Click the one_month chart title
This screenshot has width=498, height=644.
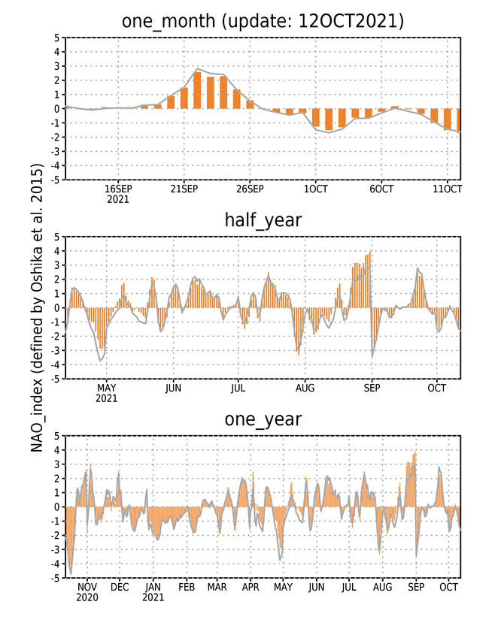(x=263, y=21)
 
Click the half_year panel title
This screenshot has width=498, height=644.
(x=263, y=220)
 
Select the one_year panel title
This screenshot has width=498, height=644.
(x=263, y=419)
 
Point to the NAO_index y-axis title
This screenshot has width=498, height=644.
(x=37, y=307)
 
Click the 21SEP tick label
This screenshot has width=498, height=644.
(x=184, y=189)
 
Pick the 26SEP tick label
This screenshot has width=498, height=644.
(x=250, y=189)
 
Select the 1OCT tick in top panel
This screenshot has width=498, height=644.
(x=315, y=189)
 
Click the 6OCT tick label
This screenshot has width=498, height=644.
(x=381, y=189)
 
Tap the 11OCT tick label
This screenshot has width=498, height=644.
(x=448, y=189)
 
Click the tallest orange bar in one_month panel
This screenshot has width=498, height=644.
(x=197, y=90)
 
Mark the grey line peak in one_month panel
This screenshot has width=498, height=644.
(x=197, y=68)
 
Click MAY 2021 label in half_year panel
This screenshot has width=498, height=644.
(x=107, y=393)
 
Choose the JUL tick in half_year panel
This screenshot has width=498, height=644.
(x=238, y=388)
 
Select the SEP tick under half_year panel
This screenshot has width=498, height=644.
(x=372, y=388)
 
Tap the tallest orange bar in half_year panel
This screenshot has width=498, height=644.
(x=371, y=280)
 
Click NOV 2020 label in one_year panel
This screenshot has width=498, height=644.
(x=87, y=592)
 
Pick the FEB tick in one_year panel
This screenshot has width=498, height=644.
(x=187, y=587)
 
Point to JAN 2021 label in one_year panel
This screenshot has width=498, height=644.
(x=153, y=592)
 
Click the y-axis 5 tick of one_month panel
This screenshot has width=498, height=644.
(x=56, y=38)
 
